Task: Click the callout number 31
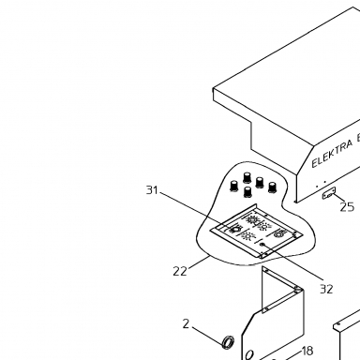coord(152,189)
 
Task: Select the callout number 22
coord(180,271)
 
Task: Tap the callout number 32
coord(326,289)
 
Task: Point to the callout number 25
coord(347,207)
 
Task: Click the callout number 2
coord(186,324)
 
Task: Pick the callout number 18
coord(307,351)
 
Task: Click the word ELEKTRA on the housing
coord(332,154)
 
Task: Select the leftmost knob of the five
coord(233,186)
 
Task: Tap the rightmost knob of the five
coord(273,187)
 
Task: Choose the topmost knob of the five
coord(247,177)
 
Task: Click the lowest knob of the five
coord(247,192)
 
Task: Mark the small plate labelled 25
coord(329,193)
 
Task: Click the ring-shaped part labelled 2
coord(228,342)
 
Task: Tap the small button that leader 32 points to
coord(262,245)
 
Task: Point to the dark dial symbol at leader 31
coord(233,231)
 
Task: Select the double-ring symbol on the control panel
coord(279,233)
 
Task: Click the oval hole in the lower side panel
coord(249,355)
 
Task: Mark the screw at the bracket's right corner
coord(297,290)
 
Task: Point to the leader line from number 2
coord(207,335)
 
